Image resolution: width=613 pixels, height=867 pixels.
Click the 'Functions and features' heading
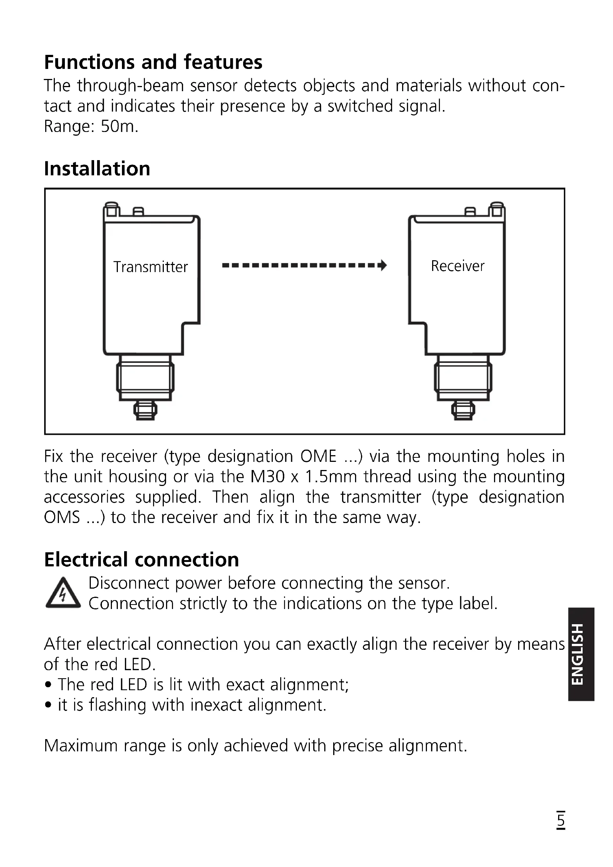click(153, 62)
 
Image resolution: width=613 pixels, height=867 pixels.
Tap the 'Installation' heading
click(97, 169)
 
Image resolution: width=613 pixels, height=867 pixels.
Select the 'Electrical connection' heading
click(142, 560)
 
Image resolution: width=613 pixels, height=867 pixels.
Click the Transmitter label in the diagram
click(150, 267)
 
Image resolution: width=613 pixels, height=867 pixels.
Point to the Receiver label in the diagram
click(457, 266)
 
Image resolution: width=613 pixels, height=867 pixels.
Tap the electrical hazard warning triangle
click(63, 594)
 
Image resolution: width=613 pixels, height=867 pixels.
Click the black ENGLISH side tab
click(581, 654)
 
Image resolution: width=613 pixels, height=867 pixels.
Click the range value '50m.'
click(119, 126)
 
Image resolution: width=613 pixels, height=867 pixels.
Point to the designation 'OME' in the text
click(318, 457)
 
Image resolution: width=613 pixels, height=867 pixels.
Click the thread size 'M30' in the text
click(267, 477)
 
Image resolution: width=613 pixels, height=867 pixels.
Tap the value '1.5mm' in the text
click(331, 477)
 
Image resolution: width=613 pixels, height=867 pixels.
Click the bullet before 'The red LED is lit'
click(48, 685)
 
